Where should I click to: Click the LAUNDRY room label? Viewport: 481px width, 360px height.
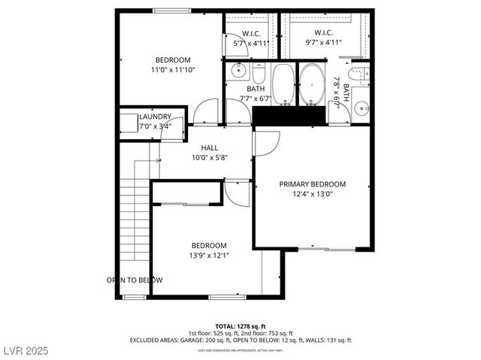point(155,116)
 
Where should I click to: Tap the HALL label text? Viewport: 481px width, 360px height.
point(209,148)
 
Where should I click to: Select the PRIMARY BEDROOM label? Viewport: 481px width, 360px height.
point(312,184)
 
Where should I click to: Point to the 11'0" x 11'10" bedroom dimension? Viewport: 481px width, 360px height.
point(173,70)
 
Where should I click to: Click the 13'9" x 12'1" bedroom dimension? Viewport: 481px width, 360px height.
point(209,256)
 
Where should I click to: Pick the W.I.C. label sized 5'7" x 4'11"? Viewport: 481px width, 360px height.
point(250,33)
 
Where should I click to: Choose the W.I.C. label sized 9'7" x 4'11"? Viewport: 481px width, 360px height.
point(323,33)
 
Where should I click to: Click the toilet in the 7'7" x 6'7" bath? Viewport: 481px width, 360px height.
point(258,74)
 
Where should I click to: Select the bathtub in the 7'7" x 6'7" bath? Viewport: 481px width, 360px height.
point(283,84)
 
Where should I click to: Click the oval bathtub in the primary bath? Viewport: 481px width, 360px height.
point(312,85)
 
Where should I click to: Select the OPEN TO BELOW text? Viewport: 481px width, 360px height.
point(134,280)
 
